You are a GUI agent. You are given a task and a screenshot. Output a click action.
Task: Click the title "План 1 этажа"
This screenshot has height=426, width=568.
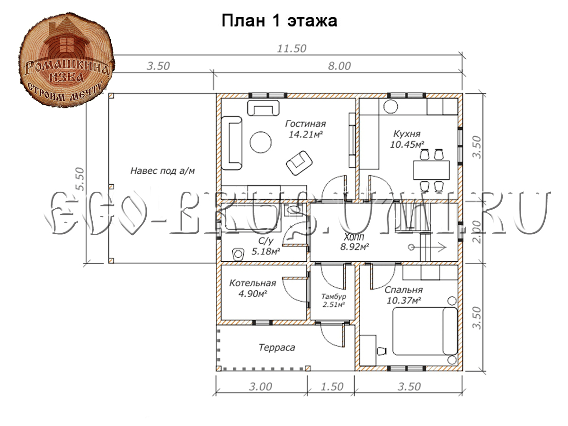[x=279, y=21]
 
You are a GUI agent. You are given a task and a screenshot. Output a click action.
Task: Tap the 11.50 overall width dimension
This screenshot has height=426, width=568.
[x=292, y=49]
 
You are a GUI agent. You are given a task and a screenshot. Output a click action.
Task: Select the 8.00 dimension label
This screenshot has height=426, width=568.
[x=339, y=66]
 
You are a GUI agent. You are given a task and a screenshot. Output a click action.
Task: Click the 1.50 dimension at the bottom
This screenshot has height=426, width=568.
[x=332, y=387]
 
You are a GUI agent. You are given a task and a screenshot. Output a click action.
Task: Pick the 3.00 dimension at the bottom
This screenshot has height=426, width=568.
[x=260, y=387]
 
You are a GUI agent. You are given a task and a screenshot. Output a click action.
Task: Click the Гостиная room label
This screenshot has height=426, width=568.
[x=305, y=124]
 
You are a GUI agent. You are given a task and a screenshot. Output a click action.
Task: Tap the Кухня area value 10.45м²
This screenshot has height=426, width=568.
[x=407, y=144]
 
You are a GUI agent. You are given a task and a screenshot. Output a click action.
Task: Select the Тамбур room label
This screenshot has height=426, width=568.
[x=334, y=296]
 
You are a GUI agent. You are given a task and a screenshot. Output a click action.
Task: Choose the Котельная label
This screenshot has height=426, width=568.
[x=253, y=283]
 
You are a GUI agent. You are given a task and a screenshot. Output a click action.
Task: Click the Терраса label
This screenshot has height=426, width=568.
[x=277, y=347]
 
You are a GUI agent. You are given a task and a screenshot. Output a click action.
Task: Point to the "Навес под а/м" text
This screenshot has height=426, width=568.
[x=162, y=171]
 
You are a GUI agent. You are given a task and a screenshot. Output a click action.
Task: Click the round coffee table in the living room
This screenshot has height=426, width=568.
[x=261, y=142]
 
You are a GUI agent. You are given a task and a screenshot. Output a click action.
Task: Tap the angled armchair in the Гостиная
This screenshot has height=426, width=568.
[x=299, y=163]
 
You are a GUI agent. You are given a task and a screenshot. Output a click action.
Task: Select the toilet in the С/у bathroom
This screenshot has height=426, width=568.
[x=239, y=254]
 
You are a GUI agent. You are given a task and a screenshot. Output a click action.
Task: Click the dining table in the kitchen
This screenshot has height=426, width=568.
[x=431, y=170]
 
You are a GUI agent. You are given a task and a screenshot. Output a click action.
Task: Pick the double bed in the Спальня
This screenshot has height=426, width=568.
[x=425, y=331]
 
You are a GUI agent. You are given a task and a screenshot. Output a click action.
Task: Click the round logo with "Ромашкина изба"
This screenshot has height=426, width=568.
[x=66, y=60]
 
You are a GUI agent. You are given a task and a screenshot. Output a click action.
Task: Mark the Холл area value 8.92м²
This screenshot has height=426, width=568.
[x=354, y=247]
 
